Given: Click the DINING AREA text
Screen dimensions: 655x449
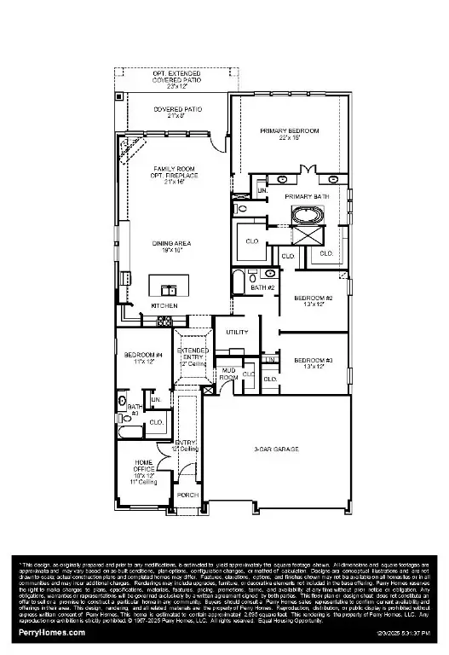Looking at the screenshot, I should pyautogui.click(x=171, y=244).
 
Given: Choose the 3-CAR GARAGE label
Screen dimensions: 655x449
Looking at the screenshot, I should pyautogui.click(x=276, y=449).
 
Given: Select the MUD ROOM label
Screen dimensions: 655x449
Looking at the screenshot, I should pyautogui.click(x=228, y=374).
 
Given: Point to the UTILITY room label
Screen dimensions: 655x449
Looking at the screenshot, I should pyautogui.click(x=237, y=332).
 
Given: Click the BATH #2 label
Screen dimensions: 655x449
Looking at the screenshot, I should pyautogui.click(x=262, y=287).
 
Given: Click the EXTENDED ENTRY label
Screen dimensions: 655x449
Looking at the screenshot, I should pyautogui.click(x=193, y=355).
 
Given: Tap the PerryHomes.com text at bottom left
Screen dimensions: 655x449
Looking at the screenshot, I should pyautogui.click(x=51, y=633).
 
